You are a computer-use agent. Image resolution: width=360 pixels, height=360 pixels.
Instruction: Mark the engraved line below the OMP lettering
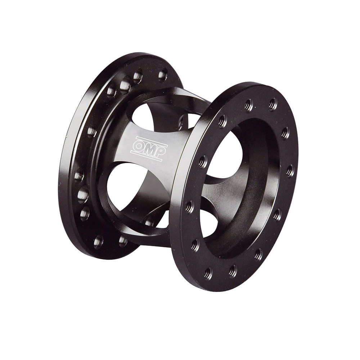coord(148,156)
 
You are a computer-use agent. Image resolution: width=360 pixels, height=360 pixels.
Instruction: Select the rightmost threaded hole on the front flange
coord(290,170)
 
